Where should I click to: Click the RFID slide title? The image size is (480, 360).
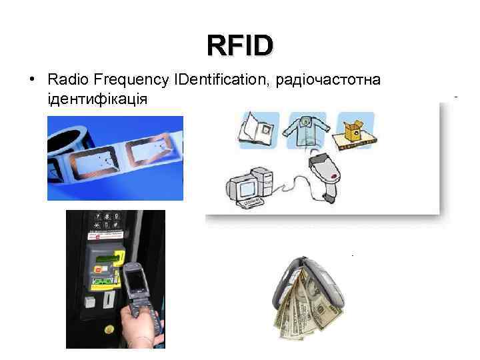click(x=240, y=46)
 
